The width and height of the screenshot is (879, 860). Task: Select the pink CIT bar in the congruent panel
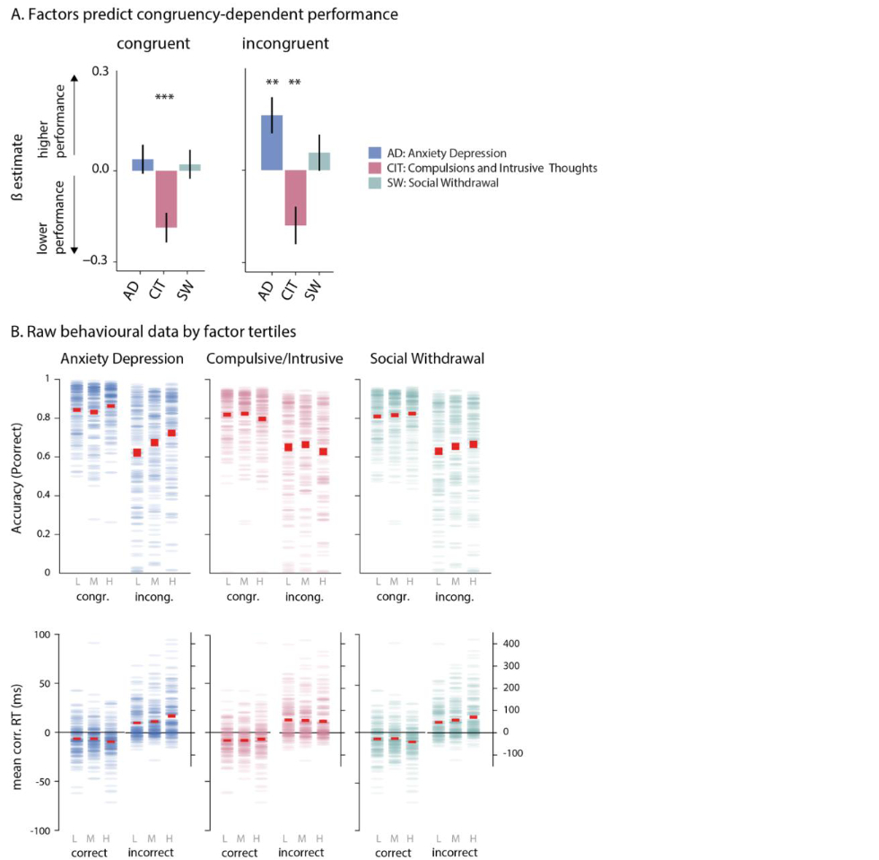(x=166, y=198)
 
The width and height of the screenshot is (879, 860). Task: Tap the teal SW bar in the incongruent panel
(x=319, y=161)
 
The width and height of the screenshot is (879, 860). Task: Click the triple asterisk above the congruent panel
(x=166, y=97)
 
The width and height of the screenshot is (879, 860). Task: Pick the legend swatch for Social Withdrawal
(x=377, y=183)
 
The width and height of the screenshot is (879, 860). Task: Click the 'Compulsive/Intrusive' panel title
(x=274, y=358)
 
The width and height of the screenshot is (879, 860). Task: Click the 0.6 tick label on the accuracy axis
(x=44, y=457)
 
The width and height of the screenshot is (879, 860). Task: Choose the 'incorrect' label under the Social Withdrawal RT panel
(x=454, y=852)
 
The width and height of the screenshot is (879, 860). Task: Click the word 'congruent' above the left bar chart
(x=158, y=43)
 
